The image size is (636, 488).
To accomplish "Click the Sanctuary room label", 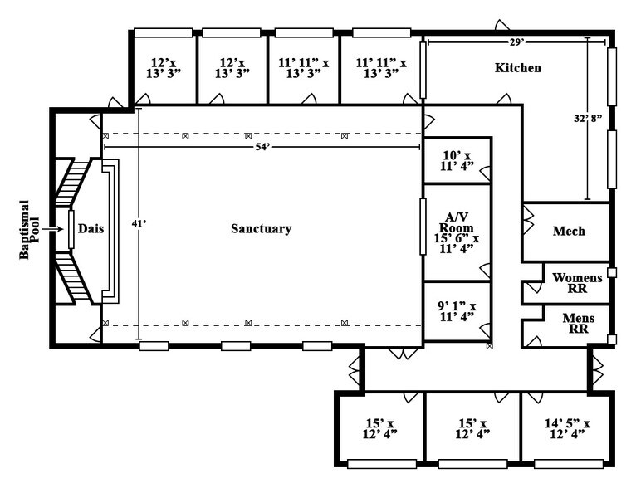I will coord(261,229).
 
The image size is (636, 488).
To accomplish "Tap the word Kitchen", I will coord(518,68).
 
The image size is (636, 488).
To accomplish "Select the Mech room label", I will coord(569,232).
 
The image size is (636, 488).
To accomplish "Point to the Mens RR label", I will coord(572,322).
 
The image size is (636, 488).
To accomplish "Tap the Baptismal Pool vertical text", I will coord(25,229).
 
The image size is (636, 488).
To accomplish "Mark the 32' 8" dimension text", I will coord(589,119).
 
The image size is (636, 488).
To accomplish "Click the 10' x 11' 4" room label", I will coord(457,160).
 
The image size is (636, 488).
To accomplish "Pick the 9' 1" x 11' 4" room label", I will coord(457,310).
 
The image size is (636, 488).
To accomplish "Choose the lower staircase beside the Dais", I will coord(73,274).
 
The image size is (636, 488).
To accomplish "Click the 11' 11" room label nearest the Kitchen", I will coord(380,68).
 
